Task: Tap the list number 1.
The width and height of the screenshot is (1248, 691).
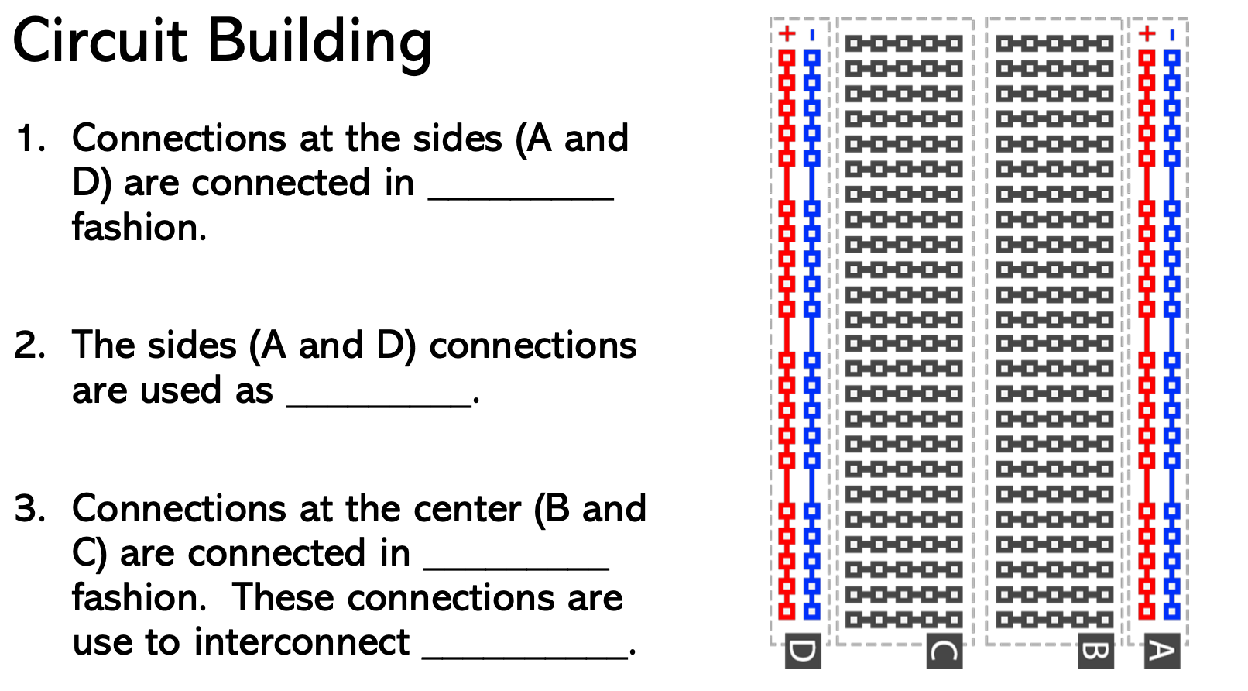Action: (x=30, y=139)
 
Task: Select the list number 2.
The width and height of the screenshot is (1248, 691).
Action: (x=30, y=345)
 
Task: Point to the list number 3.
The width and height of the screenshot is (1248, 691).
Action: (x=30, y=509)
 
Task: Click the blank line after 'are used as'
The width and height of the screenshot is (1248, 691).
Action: (x=379, y=404)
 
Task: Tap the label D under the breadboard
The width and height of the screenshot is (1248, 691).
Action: (x=803, y=651)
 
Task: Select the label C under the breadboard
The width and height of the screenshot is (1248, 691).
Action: (x=944, y=651)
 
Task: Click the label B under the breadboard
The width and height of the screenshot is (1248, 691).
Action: (x=1095, y=651)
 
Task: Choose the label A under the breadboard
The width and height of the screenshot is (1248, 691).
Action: (x=1161, y=651)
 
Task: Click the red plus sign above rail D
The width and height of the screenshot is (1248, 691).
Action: (x=787, y=33)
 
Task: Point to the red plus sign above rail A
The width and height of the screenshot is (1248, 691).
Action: (x=1147, y=33)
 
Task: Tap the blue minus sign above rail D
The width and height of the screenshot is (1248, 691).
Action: (x=811, y=35)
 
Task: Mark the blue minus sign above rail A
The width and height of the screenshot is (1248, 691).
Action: (x=1172, y=35)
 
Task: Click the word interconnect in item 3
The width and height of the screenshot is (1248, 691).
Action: (x=240, y=642)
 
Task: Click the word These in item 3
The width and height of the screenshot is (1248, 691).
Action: (x=276, y=597)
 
